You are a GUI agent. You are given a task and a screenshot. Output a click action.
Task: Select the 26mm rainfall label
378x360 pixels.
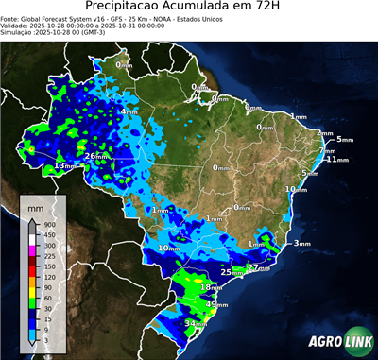[97, 156]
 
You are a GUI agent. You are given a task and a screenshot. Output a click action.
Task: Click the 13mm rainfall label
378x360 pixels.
[64, 165]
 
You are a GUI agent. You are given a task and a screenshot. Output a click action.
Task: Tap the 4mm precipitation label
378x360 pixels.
[128, 112]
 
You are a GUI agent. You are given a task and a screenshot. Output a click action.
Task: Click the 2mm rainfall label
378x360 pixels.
[325, 134]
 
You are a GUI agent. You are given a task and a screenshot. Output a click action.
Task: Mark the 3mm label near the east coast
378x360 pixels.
[301, 244]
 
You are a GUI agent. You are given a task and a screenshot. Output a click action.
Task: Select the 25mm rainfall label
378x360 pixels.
[227, 272]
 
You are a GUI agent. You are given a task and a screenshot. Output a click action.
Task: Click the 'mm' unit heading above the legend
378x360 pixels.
[37, 206]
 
